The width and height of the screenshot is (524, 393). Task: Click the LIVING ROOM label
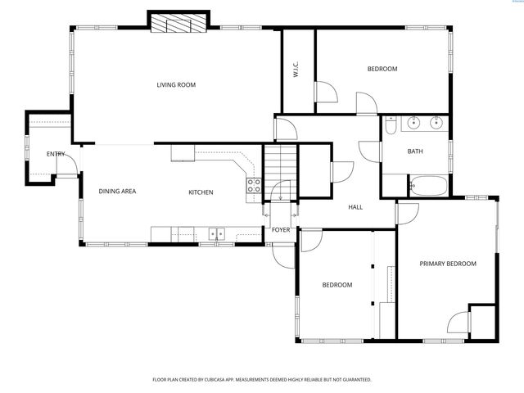pyautogui.click(x=176, y=84)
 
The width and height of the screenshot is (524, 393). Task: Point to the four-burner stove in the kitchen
pyautogui.click(x=254, y=185)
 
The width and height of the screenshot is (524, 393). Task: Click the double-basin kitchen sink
pyautogui.click(x=217, y=234)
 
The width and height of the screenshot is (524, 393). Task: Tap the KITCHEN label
pyautogui.click(x=201, y=192)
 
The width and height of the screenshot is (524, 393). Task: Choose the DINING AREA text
pyautogui.click(x=117, y=192)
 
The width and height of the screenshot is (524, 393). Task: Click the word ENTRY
pyautogui.click(x=56, y=154)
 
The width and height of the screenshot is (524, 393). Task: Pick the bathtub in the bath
pyautogui.click(x=428, y=186)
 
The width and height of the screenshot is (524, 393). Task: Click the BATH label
pyautogui.click(x=415, y=151)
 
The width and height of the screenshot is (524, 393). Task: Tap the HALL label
pyautogui.click(x=355, y=207)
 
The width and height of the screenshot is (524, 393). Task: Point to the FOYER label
pyautogui.click(x=281, y=230)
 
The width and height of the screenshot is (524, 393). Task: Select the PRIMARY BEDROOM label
pyautogui.click(x=447, y=264)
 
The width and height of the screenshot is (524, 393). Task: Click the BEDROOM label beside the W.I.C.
pyautogui.click(x=382, y=69)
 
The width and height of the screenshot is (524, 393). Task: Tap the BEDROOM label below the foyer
pyautogui.click(x=337, y=285)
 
